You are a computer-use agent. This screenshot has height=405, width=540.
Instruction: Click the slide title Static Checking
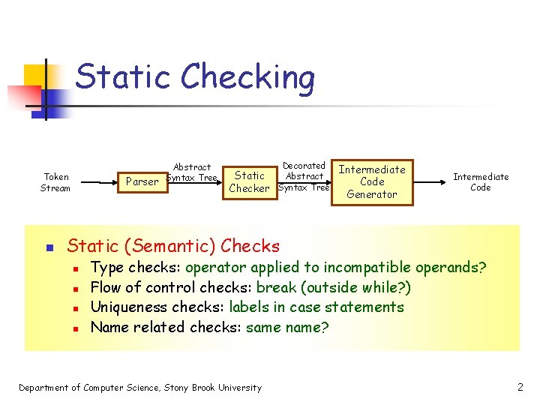(195, 77)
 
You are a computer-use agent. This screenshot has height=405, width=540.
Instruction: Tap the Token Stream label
(55, 182)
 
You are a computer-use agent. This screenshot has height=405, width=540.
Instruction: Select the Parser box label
(142, 181)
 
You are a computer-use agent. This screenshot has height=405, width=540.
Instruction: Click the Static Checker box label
(249, 182)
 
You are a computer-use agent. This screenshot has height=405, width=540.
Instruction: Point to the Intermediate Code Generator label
(372, 181)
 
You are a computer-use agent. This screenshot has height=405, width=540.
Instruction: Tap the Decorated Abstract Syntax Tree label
(304, 176)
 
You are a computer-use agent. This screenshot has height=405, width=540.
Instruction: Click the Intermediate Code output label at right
(481, 182)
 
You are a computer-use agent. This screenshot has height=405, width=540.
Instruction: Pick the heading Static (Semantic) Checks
(173, 246)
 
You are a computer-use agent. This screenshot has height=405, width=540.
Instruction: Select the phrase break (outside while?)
(334, 287)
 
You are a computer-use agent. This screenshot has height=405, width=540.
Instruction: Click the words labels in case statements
(316, 307)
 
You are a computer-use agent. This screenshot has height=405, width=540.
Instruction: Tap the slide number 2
(520, 387)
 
